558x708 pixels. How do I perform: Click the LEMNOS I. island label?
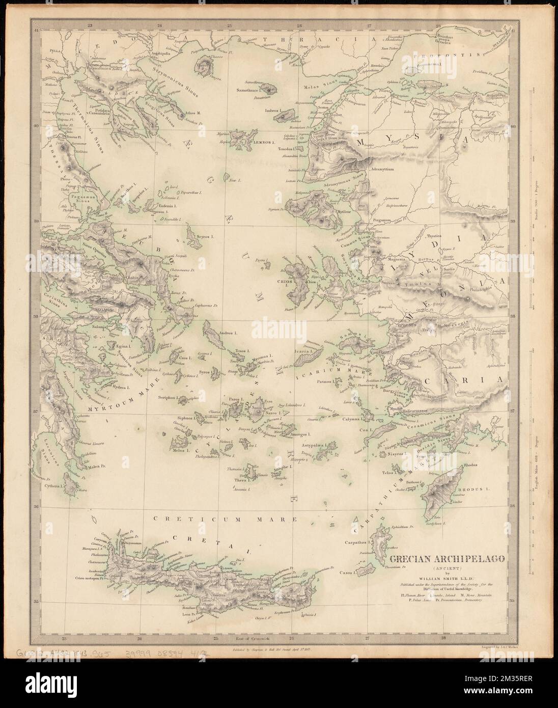(x=264, y=143)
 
